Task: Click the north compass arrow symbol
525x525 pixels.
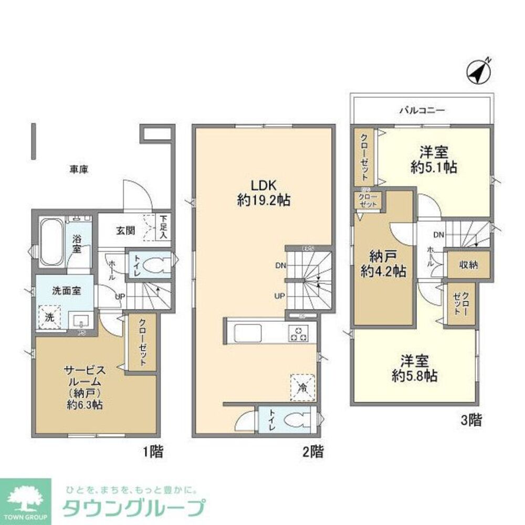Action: pyautogui.click(x=478, y=72)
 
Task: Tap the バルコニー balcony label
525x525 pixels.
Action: pyautogui.click(x=422, y=111)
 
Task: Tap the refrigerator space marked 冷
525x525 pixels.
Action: pyautogui.click(x=303, y=387)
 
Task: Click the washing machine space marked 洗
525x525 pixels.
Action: pyautogui.click(x=49, y=317)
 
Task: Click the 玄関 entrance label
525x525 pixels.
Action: pyautogui.click(x=125, y=230)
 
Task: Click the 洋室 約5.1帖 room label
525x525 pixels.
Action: pyautogui.click(x=433, y=160)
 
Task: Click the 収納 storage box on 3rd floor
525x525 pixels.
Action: pyautogui.click(x=468, y=265)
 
